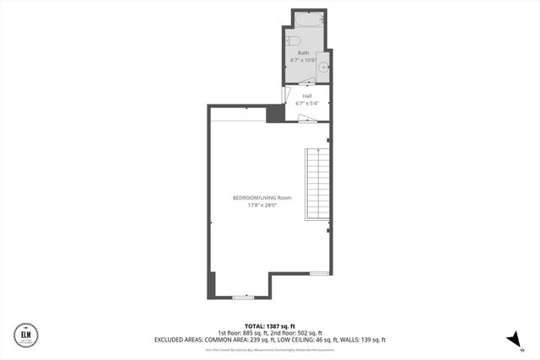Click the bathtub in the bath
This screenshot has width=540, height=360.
tap(309, 19)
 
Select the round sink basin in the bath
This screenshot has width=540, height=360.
tap(324, 66)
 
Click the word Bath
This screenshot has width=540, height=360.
tap(303, 53)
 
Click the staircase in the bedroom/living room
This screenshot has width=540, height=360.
tap(316, 185)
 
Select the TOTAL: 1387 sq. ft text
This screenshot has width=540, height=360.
tap(269, 325)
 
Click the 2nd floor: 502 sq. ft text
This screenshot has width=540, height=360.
tap(294, 332)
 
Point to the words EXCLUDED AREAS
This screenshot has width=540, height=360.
tap(179, 340)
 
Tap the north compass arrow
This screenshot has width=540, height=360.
tap(510, 338)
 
